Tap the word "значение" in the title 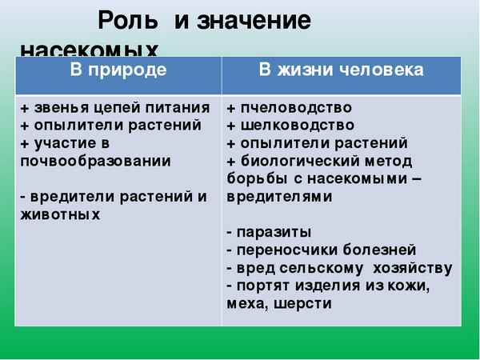point(254,20)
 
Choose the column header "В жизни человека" point(342,70)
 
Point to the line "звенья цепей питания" point(120,108)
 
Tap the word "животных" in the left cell point(61,214)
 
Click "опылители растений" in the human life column point(322,143)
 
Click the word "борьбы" point(254,178)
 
